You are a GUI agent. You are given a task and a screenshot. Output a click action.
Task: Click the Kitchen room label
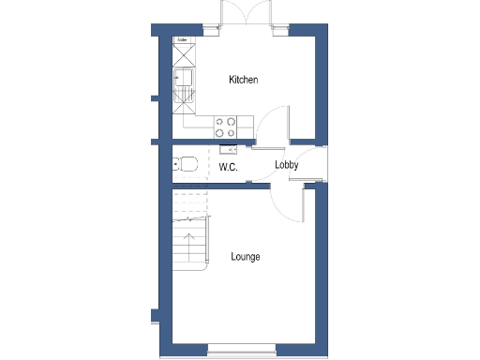(x=243, y=81)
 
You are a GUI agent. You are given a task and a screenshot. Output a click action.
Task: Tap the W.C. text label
(x=228, y=167)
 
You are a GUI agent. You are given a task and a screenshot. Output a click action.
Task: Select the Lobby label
(x=286, y=166)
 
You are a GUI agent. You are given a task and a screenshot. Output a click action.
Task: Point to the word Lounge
(x=245, y=257)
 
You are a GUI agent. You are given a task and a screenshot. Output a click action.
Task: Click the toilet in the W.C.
(x=186, y=165)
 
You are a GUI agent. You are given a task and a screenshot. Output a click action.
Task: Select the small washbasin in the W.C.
(x=226, y=148)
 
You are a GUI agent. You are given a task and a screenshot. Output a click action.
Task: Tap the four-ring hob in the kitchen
(x=225, y=122)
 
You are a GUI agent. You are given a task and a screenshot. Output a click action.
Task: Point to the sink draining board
(x=182, y=95)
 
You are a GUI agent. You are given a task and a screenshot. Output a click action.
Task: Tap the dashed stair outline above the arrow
(x=189, y=205)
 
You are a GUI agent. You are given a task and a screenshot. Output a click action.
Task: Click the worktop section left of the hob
(x=198, y=122)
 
